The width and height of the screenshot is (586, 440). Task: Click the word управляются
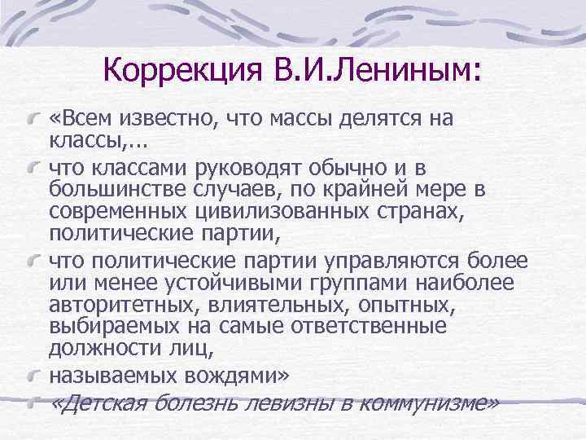(x=366, y=261)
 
